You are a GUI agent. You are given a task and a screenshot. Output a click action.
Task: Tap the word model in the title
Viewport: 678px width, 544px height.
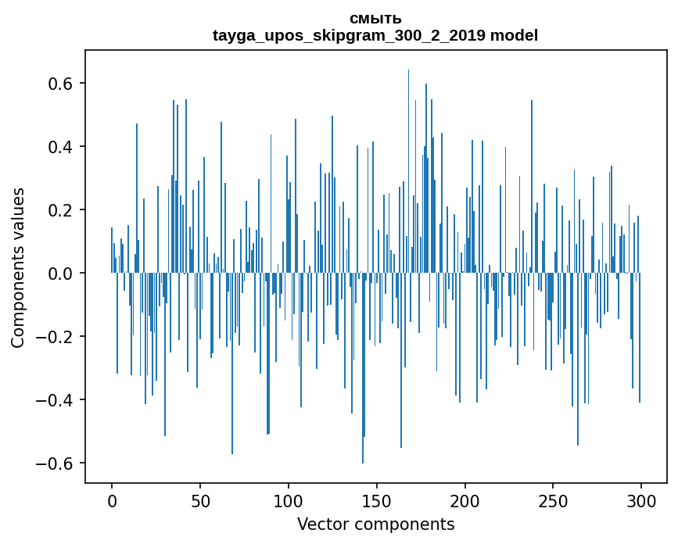514,36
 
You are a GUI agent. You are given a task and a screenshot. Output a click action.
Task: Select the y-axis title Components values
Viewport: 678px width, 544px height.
18,267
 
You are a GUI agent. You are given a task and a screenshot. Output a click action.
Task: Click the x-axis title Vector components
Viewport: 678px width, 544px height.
375,524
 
